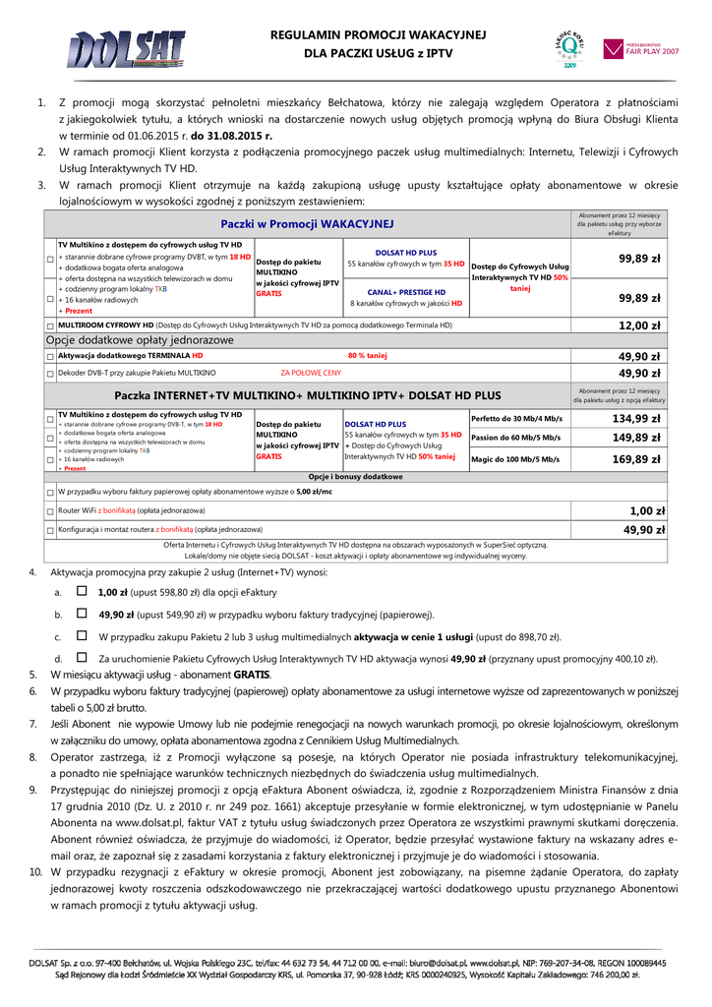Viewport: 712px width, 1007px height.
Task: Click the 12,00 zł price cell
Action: point(639,325)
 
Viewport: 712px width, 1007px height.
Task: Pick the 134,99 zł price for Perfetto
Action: point(636,419)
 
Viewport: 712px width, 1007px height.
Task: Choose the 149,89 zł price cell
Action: point(636,438)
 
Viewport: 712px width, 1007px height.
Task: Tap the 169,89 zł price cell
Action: point(636,459)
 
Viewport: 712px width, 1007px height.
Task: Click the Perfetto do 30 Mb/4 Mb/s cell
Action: point(517,419)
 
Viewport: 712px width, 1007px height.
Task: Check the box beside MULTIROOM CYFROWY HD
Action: point(50,326)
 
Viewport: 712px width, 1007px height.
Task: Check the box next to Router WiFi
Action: point(50,511)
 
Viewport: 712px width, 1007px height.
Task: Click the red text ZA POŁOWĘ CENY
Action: point(311,373)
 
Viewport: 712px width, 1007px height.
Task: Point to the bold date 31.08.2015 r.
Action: point(232,136)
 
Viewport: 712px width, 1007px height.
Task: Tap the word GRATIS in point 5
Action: point(252,675)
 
